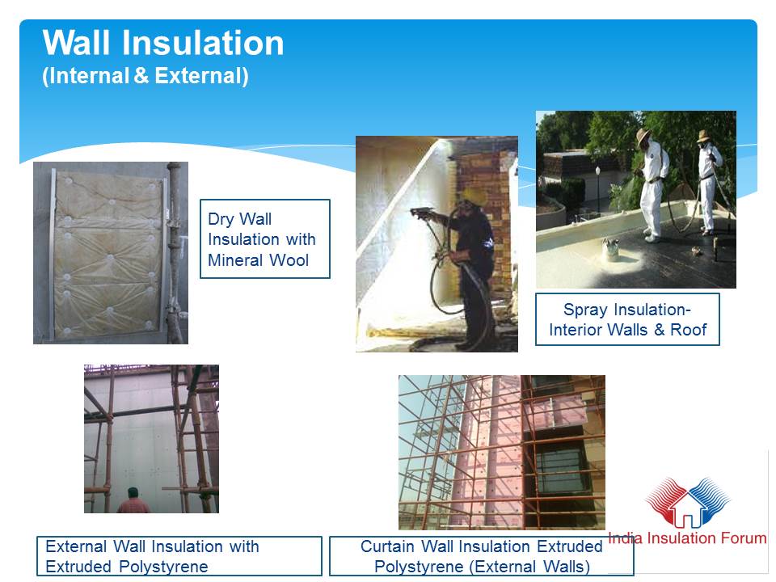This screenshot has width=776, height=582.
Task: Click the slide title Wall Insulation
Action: (163, 43)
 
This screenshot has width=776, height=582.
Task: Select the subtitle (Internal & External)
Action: (145, 76)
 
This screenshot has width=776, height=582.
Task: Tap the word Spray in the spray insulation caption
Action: (585, 310)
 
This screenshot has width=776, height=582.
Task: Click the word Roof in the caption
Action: (689, 330)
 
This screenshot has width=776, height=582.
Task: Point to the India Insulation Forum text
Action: (687, 538)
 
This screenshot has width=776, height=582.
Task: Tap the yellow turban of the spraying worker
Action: (473, 196)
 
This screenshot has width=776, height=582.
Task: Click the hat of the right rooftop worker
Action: (702, 135)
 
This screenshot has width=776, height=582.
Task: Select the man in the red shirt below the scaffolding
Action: (133, 501)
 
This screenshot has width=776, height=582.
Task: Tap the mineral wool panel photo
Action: (111, 253)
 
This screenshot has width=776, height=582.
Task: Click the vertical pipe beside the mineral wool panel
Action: (174, 252)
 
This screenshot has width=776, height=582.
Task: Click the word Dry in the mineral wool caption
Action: (220, 219)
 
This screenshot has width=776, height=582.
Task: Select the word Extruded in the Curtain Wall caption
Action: (570, 546)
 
